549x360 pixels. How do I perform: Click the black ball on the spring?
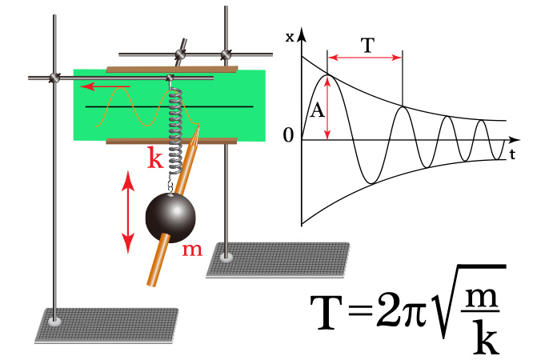tap(170, 218)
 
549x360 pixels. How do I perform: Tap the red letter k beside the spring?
tap(156, 158)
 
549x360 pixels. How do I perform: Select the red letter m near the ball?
tap(193, 250)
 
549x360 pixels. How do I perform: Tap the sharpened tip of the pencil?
tap(197, 128)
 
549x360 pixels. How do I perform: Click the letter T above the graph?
tap(365, 46)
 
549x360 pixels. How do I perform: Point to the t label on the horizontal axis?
tap(510, 154)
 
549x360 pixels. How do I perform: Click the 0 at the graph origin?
tap(288, 136)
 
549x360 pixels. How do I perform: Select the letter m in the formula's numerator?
tap(487, 298)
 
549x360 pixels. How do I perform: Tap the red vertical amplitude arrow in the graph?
tap(327, 108)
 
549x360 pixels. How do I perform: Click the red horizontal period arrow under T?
tap(365, 58)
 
